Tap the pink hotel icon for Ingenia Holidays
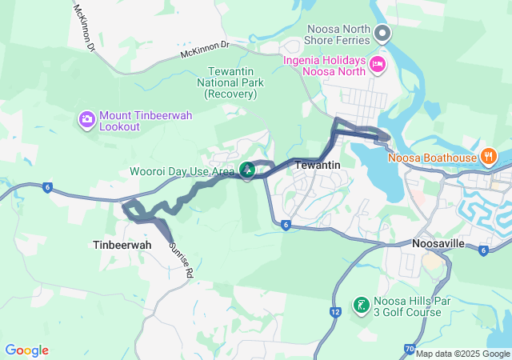click(x=377, y=62)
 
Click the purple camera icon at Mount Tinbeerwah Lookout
click(x=86, y=120)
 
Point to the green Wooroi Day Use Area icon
click(x=247, y=170)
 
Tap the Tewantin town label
click(x=318, y=165)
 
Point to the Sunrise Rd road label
click(x=181, y=259)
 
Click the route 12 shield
click(x=335, y=310)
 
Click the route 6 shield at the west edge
click(x=48, y=187)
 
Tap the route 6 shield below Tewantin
click(x=285, y=225)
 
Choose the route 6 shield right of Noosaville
click(x=484, y=250)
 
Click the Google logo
click(x=26, y=350)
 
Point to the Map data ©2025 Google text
click(x=462, y=354)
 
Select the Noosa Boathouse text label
click(x=432, y=157)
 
